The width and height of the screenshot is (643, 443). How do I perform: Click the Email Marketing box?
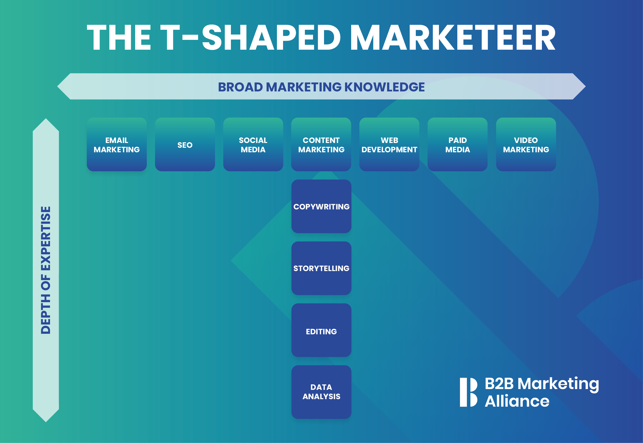coord(117,145)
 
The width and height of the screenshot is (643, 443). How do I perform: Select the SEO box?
coord(185,145)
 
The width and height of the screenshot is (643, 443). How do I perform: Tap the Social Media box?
coord(253,145)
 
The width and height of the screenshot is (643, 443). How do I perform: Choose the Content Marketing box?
coord(321,145)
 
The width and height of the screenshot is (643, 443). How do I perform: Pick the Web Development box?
coord(389,145)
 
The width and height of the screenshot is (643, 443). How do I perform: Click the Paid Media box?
coord(457,145)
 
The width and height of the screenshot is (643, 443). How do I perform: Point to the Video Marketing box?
coord(526,145)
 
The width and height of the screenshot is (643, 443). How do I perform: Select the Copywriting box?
coord(321,206)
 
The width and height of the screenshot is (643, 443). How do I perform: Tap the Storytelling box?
coord(321,268)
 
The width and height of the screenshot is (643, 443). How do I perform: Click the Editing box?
coord(321,330)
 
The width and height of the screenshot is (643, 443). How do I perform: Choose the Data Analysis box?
coord(321,392)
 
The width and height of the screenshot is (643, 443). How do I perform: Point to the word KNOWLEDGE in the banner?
coord(385,87)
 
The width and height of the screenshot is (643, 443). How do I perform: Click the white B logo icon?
coord(468,392)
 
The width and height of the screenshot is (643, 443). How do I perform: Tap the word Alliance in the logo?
coord(517,401)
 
